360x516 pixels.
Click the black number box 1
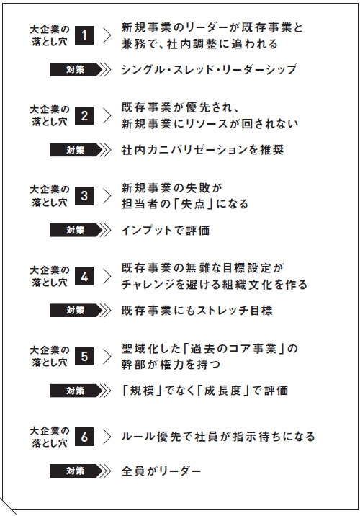tap(84, 35)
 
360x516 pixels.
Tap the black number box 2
tap(84, 115)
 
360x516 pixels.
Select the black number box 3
tap(84, 196)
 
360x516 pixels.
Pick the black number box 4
tap(84, 276)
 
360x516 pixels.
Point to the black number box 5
tap(84, 357)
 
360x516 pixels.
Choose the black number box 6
tap(84, 437)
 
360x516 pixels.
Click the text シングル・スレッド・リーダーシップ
tap(209, 69)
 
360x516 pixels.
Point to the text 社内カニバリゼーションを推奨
tap(202, 150)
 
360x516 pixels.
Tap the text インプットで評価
tap(166, 230)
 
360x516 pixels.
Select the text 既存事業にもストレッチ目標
tap(197, 311)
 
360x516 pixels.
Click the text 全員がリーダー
tap(161, 471)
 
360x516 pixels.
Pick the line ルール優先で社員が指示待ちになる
tap(218, 437)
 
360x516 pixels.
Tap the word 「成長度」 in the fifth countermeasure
tap(222, 391)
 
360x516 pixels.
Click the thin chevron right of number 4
tap(107, 276)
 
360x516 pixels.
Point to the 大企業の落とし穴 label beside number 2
tap(50, 115)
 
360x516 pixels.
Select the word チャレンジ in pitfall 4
tap(150, 285)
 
